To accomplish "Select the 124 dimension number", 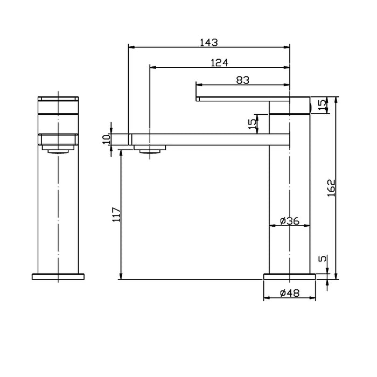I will point(219,63).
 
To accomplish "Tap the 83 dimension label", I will point(242,80).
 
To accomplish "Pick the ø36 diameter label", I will point(289,221).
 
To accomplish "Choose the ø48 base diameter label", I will point(289,294).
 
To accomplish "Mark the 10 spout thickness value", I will point(107,138).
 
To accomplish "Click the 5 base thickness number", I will point(323,260).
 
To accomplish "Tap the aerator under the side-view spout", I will point(150,149).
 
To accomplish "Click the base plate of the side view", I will point(289,277).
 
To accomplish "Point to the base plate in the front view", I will point(58,277).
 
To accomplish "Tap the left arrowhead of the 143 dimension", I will point(131,46).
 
